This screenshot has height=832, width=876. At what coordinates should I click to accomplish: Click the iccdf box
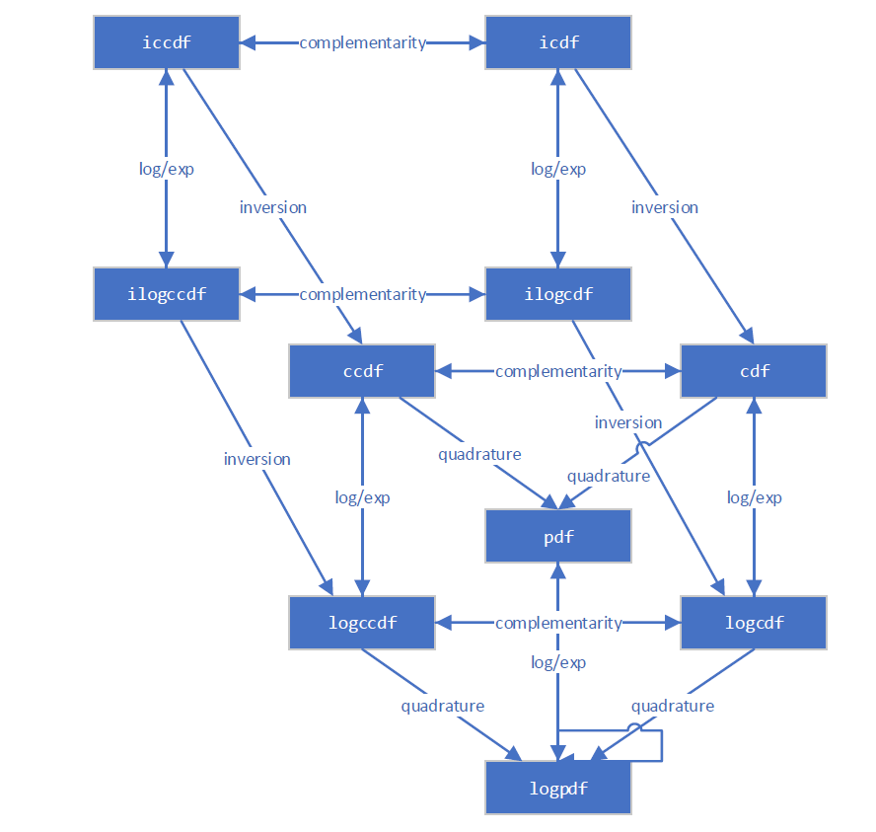pyautogui.click(x=167, y=42)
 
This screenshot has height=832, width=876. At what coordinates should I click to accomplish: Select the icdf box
pyautogui.click(x=558, y=42)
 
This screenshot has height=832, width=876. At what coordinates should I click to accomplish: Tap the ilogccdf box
pyautogui.click(x=167, y=294)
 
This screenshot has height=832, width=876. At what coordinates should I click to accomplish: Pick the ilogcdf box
pyautogui.click(x=558, y=294)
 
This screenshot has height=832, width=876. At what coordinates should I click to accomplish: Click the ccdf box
pyautogui.click(x=362, y=371)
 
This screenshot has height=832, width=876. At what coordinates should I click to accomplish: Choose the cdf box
pyautogui.click(x=754, y=371)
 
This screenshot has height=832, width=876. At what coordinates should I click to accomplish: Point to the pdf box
pyautogui.click(x=558, y=537)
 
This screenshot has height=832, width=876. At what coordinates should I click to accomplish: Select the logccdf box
pyautogui.click(x=362, y=623)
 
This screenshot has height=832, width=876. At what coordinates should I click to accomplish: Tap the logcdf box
pyautogui.click(x=754, y=623)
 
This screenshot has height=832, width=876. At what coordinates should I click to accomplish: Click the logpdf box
pyautogui.click(x=558, y=789)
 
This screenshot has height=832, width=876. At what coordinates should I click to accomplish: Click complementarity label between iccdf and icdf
pyautogui.click(x=363, y=42)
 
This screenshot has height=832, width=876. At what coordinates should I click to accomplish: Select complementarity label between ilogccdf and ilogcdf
pyautogui.click(x=363, y=294)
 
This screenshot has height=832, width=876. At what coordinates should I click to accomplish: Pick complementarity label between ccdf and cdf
pyautogui.click(x=558, y=371)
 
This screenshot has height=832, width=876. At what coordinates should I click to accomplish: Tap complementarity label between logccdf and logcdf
pyautogui.click(x=558, y=623)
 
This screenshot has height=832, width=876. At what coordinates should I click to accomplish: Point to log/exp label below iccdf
pyautogui.click(x=167, y=169)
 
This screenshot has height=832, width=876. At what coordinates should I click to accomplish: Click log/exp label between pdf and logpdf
pyautogui.click(x=558, y=662)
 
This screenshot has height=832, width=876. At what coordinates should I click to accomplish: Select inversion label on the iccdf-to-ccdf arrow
pyautogui.click(x=273, y=207)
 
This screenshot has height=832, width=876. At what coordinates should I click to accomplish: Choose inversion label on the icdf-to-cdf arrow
pyautogui.click(x=665, y=207)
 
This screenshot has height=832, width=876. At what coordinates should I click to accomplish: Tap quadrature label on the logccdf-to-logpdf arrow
pyautogui.click(x=443, y=706)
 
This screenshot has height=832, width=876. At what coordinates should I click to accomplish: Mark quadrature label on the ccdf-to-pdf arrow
pyautogui.click(x=479, y=454)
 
